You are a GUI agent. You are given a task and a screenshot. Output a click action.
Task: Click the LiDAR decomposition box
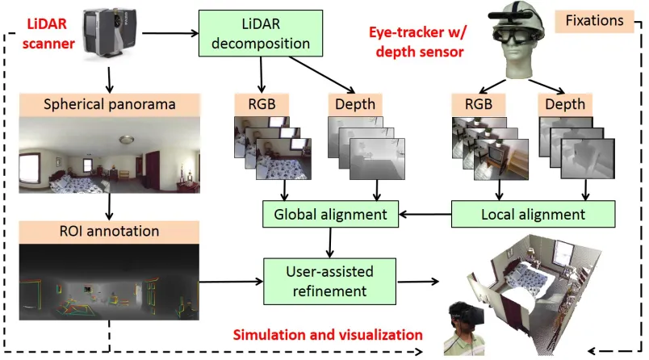click(261, 34)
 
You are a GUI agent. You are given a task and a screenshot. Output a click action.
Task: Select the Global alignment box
click(330, 215)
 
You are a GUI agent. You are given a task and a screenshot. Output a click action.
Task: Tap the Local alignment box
click(533, 215)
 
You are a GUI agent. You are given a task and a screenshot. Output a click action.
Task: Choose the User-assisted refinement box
click(330, 282)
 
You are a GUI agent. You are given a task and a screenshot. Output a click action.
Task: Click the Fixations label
click(594, 21)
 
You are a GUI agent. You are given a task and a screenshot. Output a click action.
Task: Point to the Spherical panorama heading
click(109, 104)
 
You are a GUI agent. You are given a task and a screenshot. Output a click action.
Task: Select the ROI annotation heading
click(109, 231)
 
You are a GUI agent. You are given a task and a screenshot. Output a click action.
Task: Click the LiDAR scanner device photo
click(109, 32)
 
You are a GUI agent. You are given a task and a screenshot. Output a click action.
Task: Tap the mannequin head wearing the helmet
click(517, 41)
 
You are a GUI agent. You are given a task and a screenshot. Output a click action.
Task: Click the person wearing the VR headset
click(466, 329)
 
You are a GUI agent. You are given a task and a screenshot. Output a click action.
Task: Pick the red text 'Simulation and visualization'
click(328, 335)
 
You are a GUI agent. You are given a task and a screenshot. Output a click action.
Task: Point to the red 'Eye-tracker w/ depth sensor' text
click(418, 42)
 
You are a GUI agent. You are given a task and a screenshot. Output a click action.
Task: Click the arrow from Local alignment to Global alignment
click(425, 215)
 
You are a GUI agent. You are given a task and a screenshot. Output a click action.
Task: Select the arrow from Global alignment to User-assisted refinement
click(330, 243)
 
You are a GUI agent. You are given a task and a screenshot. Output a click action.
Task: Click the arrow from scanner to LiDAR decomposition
click(170, 33)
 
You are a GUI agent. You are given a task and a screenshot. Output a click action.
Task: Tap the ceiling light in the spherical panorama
click(126, 140)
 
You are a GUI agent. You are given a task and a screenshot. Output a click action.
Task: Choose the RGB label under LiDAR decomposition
click(262, 104)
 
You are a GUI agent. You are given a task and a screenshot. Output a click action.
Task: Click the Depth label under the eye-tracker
click(565, 104)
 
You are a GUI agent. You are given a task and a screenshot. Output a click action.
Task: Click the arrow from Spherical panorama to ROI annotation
click(109, 207)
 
